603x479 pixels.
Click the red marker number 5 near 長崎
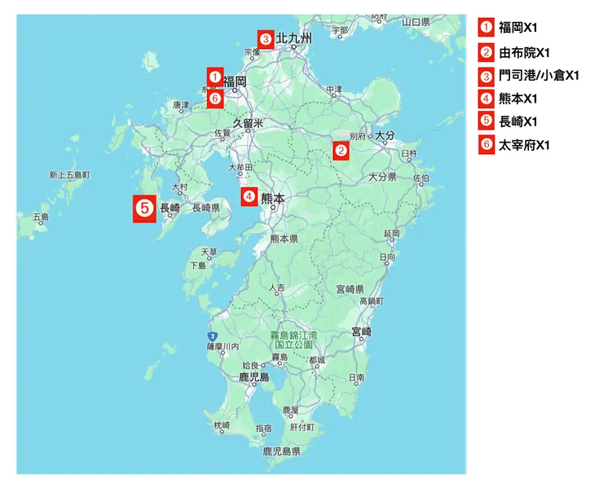144,209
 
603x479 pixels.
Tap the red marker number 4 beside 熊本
249,196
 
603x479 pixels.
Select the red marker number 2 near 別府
341,150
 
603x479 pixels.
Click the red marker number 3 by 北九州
265,38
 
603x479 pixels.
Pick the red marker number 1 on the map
214,77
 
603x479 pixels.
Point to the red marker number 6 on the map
214,99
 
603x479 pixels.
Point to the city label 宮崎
361,332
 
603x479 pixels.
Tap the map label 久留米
249,123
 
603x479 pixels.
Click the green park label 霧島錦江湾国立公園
295,340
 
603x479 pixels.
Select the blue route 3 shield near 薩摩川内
212,336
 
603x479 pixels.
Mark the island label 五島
40,217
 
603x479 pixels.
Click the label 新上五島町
69,175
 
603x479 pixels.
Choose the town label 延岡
392,234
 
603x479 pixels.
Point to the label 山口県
416,22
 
